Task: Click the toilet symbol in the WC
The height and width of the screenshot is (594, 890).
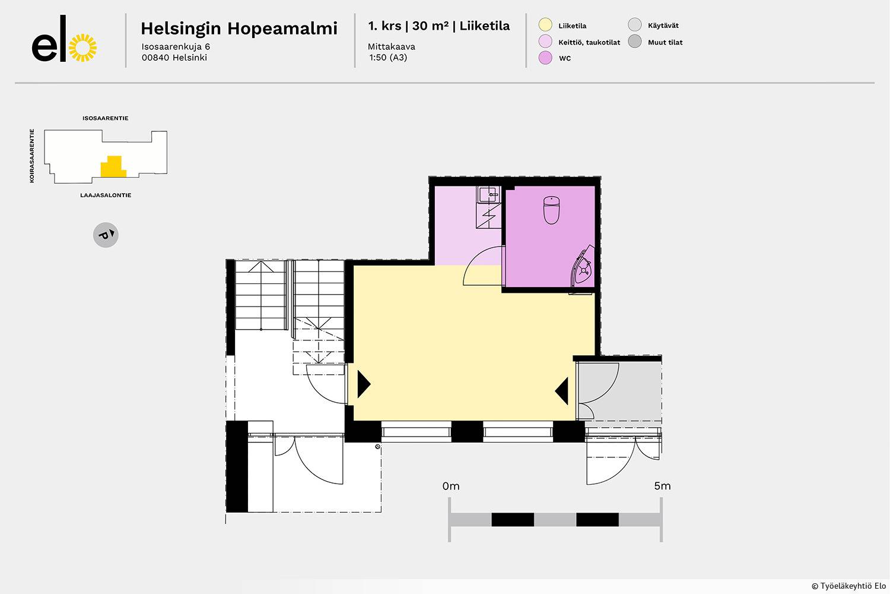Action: point(551,210)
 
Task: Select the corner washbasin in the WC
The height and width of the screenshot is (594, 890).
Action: point(583,268)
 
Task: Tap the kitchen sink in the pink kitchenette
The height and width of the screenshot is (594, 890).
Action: point(489,195)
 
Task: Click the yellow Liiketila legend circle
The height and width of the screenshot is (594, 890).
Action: point(545,25)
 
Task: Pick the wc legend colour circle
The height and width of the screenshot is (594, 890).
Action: point(545,57)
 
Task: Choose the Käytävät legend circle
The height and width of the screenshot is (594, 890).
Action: point(634,25)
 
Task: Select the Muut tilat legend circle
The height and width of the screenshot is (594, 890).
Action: point(634,41)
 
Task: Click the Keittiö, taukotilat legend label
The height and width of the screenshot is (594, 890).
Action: point(589,42)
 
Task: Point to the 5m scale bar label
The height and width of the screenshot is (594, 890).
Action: point(662,486)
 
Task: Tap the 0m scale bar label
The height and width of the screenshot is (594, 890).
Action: point(451,486)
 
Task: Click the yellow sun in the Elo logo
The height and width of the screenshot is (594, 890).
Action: point(82,48)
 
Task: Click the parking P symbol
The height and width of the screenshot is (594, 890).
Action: point(106,235)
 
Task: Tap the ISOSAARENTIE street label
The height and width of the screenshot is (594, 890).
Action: point(105,118)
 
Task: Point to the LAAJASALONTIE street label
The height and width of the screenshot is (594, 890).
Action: point(106,195)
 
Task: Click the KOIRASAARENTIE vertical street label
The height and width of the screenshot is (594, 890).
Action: point(32,156)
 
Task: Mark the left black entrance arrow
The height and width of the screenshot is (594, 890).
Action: point(364,384)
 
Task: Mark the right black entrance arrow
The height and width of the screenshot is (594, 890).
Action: point(562,391)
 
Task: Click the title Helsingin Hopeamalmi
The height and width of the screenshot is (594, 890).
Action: point(239,29)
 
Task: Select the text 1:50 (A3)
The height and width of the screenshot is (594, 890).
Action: point(388,57)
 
